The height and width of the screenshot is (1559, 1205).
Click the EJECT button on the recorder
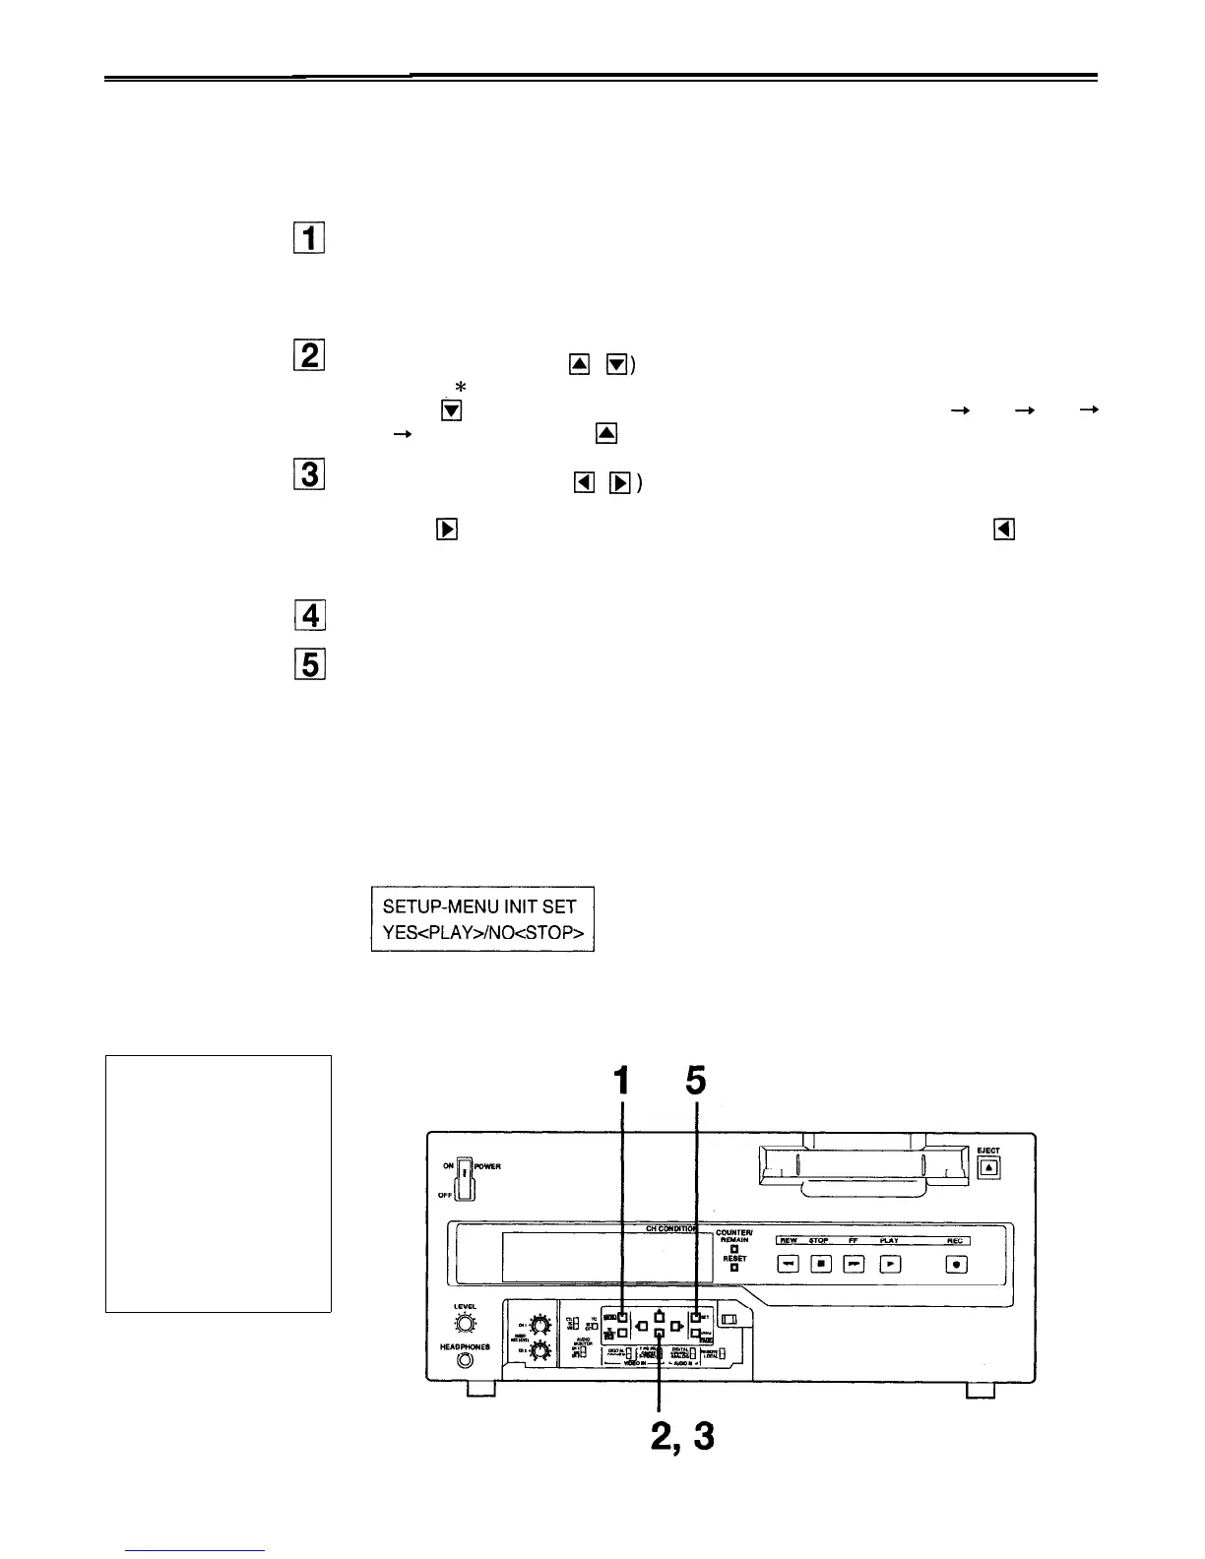[x=989, y=1167]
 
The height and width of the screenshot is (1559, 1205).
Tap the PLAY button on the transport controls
[x=889, y=1265]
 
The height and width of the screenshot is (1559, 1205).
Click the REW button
[x=789, y=1265]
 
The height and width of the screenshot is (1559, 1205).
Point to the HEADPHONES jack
[x=465, y=1361]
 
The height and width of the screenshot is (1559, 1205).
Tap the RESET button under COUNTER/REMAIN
[x=734, y=1267]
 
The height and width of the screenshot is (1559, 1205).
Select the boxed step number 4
[x=309, y=616]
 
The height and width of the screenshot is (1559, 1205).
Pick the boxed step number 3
[x=309, y=476]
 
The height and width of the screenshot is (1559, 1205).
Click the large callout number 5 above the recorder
[x=696, y=1083]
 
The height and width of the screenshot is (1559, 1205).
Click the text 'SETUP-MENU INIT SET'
[x=479, y=906]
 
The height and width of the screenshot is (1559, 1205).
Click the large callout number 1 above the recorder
[x=621, y=1083]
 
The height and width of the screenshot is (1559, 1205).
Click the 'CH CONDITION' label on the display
[x=671, y=1229]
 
